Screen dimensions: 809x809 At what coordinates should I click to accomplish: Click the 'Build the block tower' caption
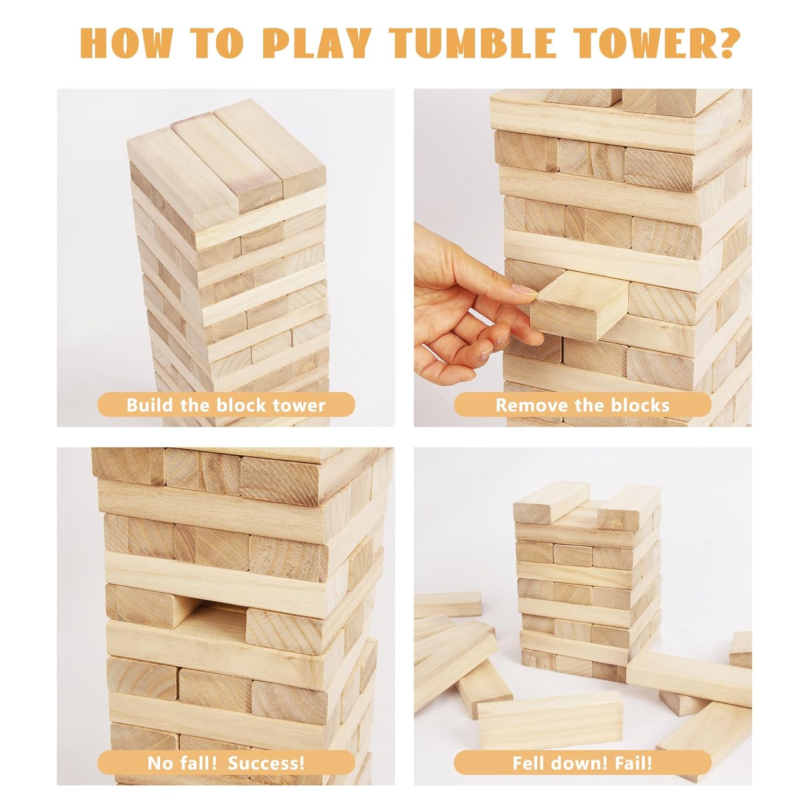pos(226,405)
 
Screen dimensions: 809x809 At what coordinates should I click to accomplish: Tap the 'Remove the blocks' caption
pos(582,405)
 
